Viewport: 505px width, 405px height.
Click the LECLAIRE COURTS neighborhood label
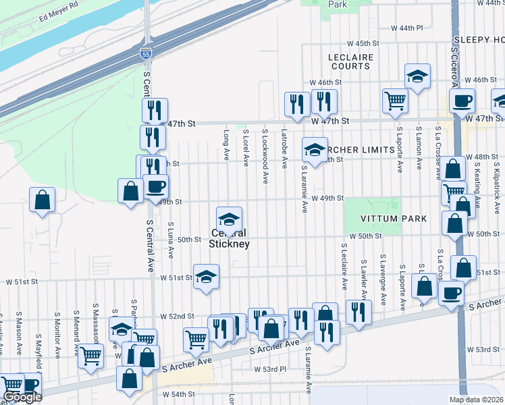click(350, 61)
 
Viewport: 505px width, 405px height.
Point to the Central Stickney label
click(229, 238)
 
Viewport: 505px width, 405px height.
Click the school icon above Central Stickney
click(229, 219)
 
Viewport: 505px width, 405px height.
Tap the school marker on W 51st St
click(207, 275)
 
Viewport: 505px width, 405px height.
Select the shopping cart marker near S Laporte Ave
click(395, 101)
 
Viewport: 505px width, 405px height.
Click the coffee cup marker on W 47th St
click(462, 101)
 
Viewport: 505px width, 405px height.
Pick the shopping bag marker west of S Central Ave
click(42, 200)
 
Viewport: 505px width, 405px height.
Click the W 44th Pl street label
click(406, 28)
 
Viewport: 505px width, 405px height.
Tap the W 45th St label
click(369, 43)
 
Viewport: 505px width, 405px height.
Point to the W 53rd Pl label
click(271, 369)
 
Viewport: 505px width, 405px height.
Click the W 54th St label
click(178, 394)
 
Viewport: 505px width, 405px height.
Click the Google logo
click(23, 397)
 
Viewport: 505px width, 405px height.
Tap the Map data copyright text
click(476, 400)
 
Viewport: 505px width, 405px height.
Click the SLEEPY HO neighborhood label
click(479, 40)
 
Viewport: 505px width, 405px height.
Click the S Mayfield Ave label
click(38, 343)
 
